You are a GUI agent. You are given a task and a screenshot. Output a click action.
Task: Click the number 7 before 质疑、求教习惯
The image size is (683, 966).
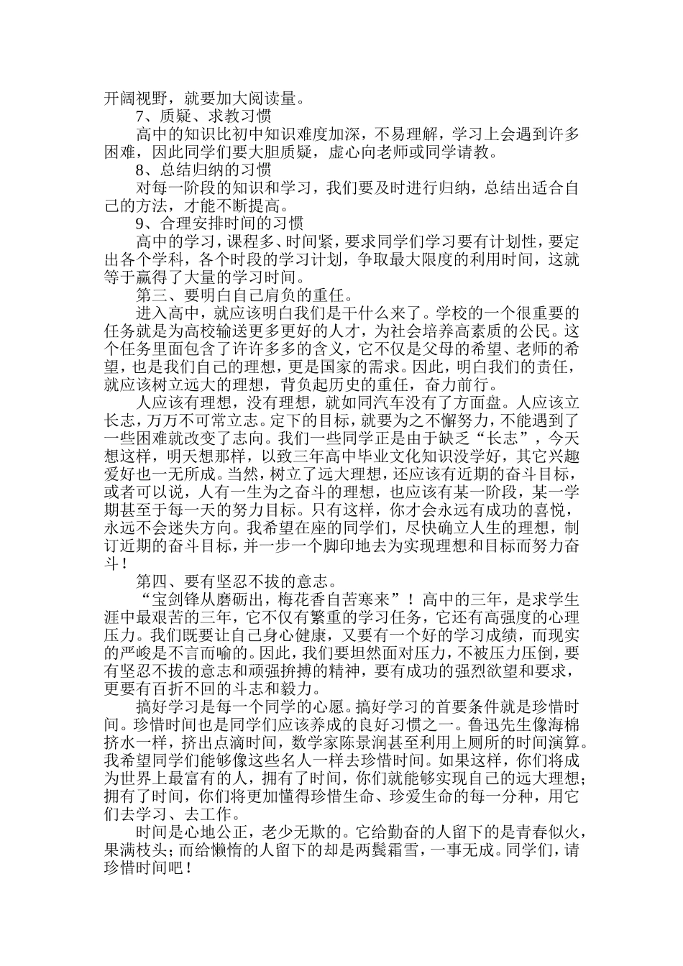pos(140,116)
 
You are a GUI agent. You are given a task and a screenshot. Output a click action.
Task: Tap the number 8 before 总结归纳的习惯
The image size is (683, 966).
pos(140,170)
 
